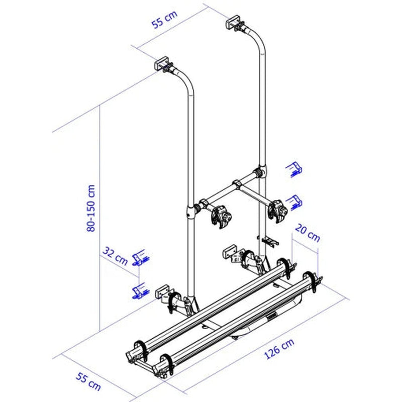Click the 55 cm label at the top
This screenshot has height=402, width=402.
pos(164,19)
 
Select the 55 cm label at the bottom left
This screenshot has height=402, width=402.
pos(88,382)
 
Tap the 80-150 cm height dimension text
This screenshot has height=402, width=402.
pos(91,208)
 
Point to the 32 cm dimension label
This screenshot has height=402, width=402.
pos(115,256)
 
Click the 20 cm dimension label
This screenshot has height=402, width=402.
pos(308,233)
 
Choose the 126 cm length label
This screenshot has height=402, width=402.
pos(279,349)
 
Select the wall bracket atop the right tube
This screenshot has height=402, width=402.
pos(233,22)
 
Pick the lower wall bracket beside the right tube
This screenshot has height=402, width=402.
pos(231,252)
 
